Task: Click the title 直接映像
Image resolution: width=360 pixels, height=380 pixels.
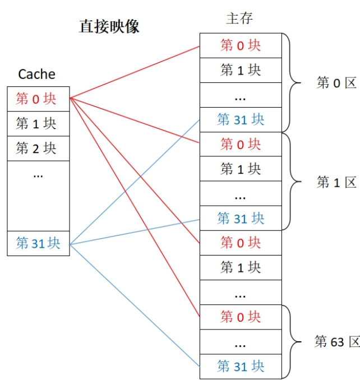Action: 109,26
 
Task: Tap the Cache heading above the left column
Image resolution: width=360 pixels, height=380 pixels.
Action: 37,74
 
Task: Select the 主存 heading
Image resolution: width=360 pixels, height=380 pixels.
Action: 239,18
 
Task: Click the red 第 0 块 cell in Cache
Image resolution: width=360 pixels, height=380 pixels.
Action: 38,99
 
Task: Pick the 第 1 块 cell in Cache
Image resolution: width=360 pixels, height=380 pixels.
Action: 38,123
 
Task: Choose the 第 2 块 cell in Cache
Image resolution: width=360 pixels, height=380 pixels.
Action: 38,149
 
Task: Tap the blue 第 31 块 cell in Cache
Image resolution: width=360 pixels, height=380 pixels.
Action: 38,243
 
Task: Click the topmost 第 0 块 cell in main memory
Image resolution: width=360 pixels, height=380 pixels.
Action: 241,45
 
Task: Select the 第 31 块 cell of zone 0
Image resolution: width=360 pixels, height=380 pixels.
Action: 241,119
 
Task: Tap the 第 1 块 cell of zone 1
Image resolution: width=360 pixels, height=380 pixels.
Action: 241,168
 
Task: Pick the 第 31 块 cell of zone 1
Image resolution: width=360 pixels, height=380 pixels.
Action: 241,218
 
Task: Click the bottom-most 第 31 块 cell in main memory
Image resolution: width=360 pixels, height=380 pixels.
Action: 241,367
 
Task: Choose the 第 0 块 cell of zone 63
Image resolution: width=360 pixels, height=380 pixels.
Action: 241,317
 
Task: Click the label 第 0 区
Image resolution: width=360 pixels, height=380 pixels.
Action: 336,83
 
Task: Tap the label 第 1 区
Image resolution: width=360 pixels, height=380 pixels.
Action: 336,182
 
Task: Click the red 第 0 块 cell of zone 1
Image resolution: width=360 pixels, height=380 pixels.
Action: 241,144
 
